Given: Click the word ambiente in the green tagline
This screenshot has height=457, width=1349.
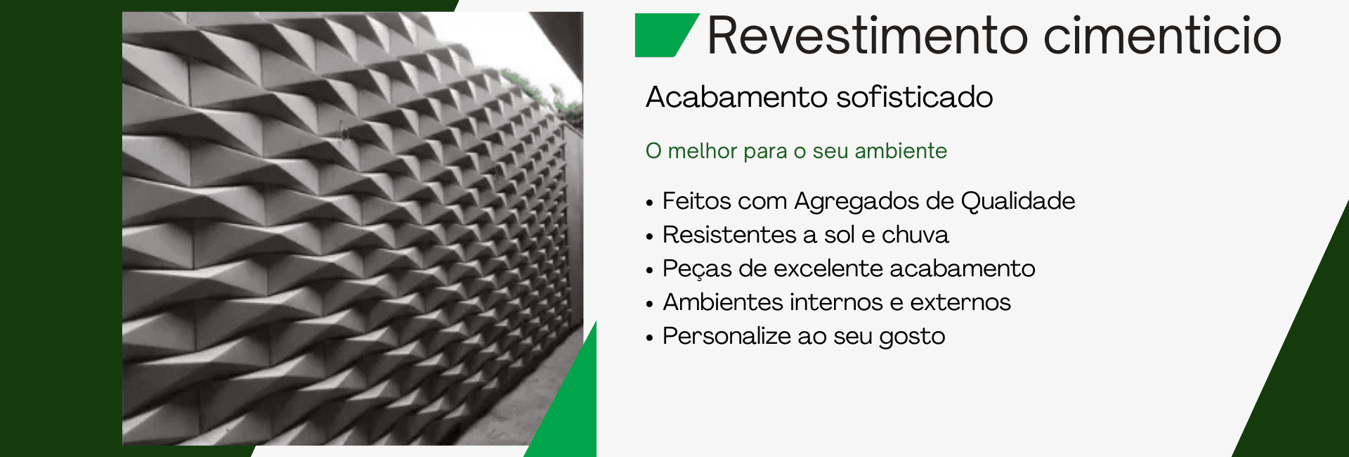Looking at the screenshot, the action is [x=901, y=150].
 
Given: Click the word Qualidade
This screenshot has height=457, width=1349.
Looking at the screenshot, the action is [x=1018, y=201].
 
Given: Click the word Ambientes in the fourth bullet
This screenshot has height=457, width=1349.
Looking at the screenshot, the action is [x=723, y=302].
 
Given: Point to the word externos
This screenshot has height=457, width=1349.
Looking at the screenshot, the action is [x=960, y=302].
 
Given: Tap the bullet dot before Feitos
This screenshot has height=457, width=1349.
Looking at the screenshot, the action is [x=650, y=203].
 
